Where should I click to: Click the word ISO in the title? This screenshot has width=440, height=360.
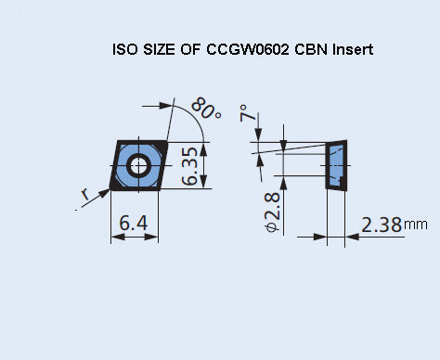123,49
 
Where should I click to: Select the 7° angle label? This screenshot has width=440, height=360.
246,113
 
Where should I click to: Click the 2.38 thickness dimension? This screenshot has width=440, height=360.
381,224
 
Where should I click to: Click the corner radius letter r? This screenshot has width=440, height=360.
85,194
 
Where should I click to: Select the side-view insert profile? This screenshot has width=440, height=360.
335,165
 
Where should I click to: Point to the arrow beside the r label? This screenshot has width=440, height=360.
97,199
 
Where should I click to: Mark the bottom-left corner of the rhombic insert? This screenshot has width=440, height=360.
112,188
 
